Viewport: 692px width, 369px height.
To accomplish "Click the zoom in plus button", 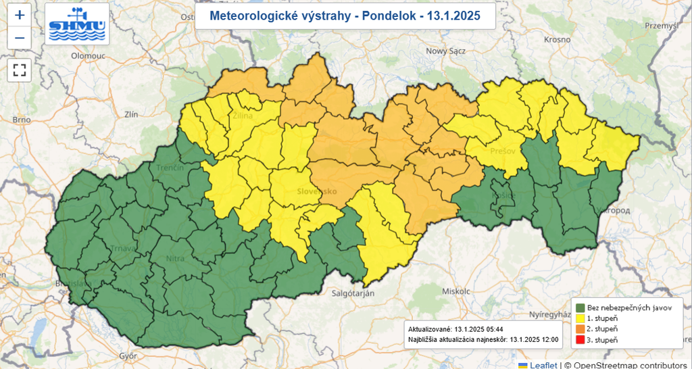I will pyautogui.click(x=20, y=15).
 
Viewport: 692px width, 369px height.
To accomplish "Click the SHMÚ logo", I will pyautogui.click(x=77, y=24).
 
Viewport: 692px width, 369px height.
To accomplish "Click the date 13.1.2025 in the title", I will pyautogui.click(x=456, y=16).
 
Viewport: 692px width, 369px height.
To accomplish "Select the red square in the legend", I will pyautogui.click(x=580, y=340).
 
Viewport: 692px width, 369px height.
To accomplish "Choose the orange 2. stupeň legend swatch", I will pyautogui.click(x=580, y=329).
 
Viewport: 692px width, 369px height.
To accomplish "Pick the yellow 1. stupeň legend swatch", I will pyautogui.click(x=580, y=318).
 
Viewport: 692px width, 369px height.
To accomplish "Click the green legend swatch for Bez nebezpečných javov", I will pyautogui.click(x=580, y=307).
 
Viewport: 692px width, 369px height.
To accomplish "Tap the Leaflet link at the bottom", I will pyautogui.click(x=543, y=364).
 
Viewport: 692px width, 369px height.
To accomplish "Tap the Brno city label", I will pyautogui.click(x=21, y=120).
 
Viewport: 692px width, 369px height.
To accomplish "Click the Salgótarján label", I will pyautogui.click(x=352, y=293).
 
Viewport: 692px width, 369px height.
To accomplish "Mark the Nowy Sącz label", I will pyautogui.click(x=446, y=51).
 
